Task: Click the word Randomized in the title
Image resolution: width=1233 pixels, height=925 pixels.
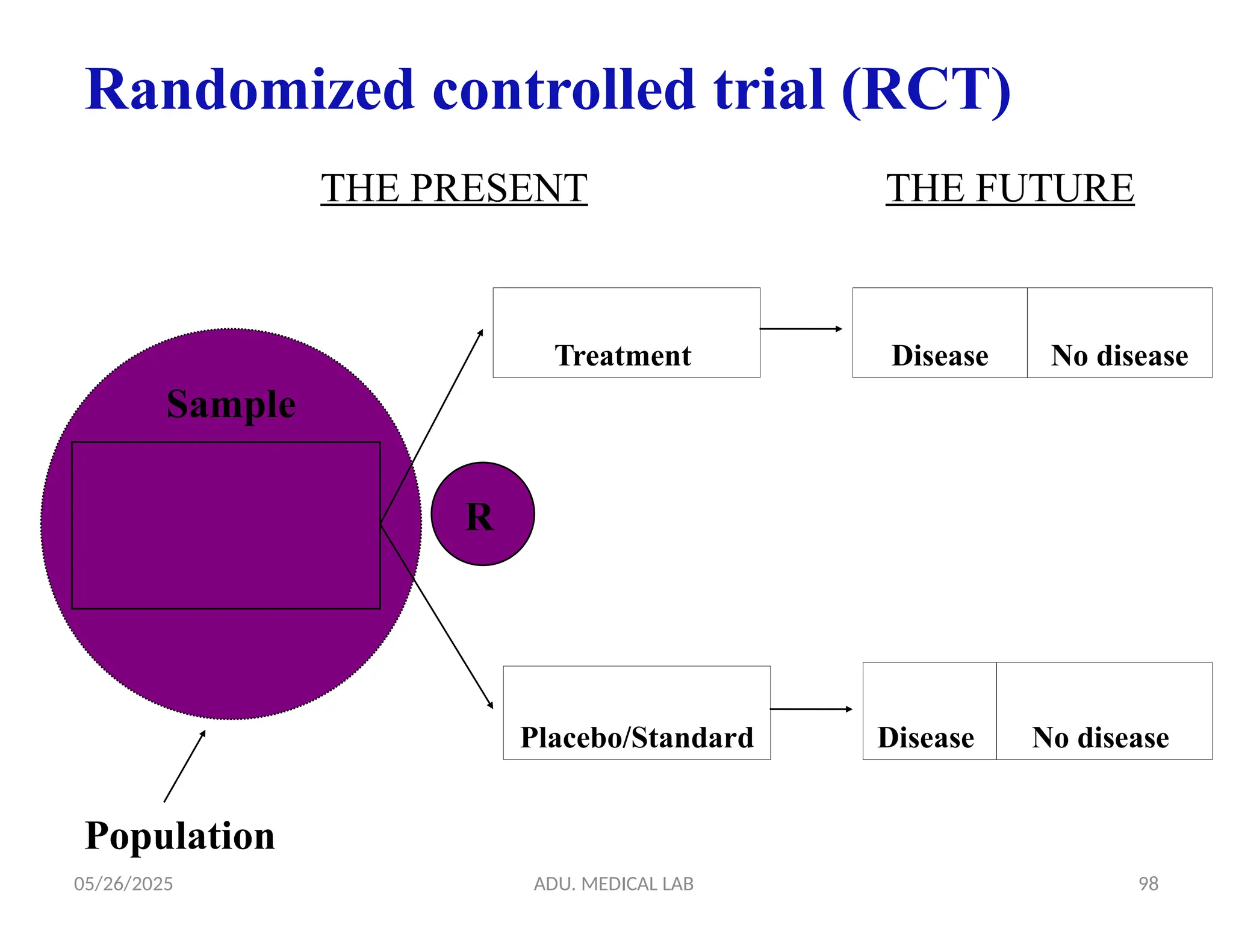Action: [250, 90]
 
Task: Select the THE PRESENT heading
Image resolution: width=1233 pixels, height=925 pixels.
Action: [453, 188]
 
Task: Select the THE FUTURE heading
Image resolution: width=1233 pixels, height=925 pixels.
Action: [1010, 188]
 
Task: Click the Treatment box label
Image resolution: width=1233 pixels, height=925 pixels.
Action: [623, 355]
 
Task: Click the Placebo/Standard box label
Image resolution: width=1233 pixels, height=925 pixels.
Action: [636, 737]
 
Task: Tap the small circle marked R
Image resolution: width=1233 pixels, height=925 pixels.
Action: [482, 514]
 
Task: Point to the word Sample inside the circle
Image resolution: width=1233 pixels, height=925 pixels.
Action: [231, 404]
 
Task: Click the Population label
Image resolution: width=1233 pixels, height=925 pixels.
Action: [179, 836]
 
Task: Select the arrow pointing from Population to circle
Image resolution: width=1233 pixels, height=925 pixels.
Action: [184, 767]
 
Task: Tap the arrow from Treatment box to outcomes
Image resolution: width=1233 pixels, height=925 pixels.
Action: [801, 329]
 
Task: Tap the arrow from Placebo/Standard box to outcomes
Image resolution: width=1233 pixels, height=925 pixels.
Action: [811, 709]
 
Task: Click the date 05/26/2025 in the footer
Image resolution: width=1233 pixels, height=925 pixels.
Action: [123, 883]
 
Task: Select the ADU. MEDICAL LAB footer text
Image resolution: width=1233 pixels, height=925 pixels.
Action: [613, 883]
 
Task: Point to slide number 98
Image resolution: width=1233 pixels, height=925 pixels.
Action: [1148, 883]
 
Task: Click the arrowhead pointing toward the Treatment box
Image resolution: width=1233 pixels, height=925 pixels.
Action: [480, 332]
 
